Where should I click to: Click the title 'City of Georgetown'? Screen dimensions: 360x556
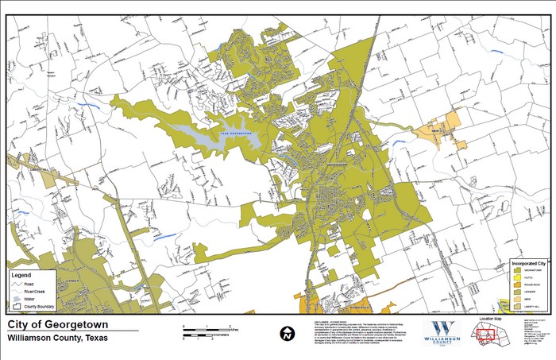tap(58, 325)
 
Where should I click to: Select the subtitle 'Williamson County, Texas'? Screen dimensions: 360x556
tap(58, 338)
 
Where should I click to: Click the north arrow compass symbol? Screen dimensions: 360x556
tap(285, 333)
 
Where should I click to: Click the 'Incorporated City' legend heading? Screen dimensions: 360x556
tap(527, 262)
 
